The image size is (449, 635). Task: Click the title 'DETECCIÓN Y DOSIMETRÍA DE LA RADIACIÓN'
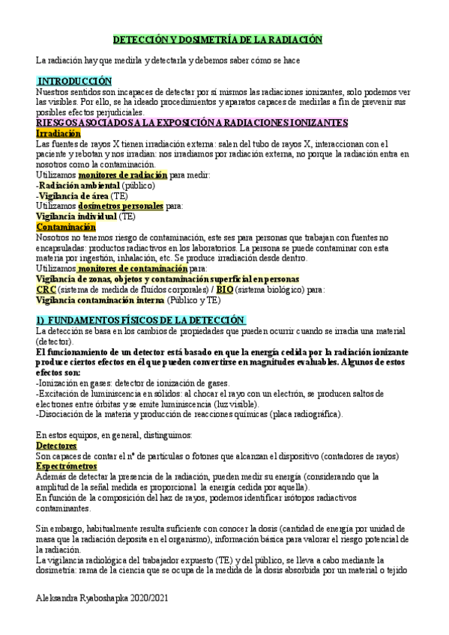pyautogui.click(x=217, y=40)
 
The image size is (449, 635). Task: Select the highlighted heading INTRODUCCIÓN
pyautogui.click(x=74, y=80)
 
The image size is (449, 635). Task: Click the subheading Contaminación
pyautogui.click(x=66, y=226)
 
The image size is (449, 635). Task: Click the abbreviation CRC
pyautogui.click(x=46, y=289)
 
